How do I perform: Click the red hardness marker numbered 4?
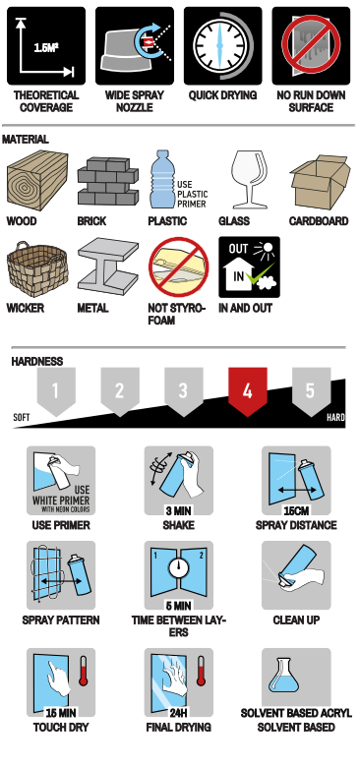(247, 391)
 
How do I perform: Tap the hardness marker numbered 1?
(56, 391)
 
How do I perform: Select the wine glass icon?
(250, 179)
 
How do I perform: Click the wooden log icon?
(37, 180)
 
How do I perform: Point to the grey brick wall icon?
(108, 181)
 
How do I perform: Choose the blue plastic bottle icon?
(162, 179)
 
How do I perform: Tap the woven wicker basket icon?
(37, 268)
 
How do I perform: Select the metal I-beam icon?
(108, 266)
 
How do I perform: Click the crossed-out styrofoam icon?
(179, 266)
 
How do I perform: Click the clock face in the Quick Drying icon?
(219, 45)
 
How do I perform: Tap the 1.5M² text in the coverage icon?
(46, 47)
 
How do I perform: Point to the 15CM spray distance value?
(296, 511)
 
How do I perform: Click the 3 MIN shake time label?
(178, 511)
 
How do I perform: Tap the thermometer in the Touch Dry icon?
(83, 672)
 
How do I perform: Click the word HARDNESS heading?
(37, 362)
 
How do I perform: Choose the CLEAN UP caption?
(296, 620)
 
